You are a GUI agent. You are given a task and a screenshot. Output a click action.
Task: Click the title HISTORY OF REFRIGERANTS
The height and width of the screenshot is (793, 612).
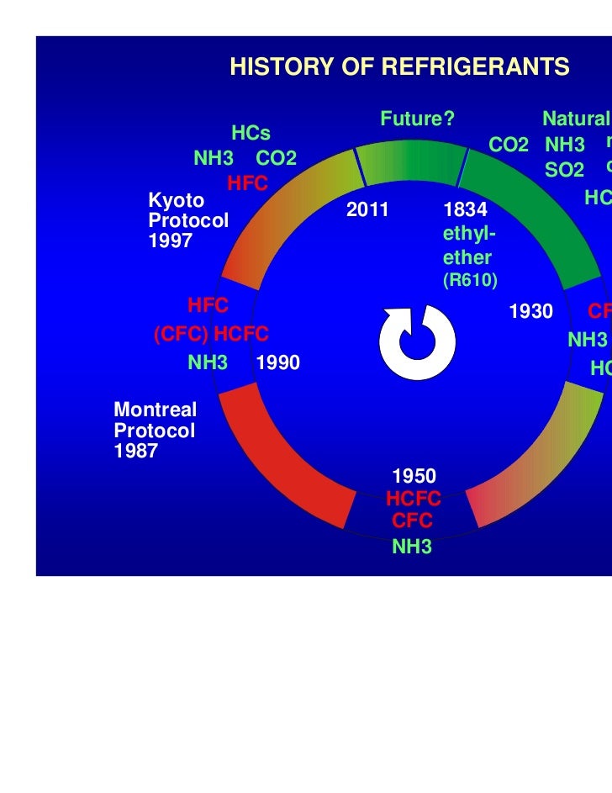(x=399, y=68)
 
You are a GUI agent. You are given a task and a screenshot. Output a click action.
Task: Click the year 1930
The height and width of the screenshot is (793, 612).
(x=531, y=312)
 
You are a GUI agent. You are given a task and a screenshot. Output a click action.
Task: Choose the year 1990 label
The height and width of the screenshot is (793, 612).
(x=278, y=363)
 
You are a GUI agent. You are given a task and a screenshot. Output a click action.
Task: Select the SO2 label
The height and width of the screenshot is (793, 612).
(x=564, y=171)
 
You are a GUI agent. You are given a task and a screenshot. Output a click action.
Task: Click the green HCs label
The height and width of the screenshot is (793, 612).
(x=251, y=134)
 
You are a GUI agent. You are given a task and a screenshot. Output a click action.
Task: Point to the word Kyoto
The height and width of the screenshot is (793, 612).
(x=176, y=200)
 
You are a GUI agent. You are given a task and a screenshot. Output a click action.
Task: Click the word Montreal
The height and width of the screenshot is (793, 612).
(x=155, y=411)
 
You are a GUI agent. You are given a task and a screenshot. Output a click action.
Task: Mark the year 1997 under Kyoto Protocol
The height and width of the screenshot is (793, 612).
(x=171, y=241)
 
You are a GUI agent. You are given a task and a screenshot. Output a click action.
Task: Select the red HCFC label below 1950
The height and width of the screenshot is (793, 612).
(x=414, y=501)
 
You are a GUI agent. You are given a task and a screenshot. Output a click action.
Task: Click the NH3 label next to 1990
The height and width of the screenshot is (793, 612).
(x=208, y=363)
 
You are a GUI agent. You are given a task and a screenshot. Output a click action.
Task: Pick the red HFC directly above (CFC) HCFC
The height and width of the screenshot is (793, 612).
(x=208, y=304)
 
